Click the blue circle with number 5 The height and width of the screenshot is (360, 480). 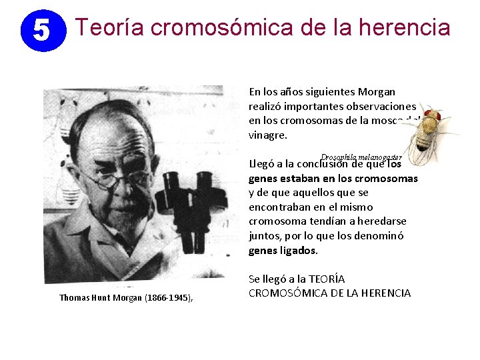click(x=41, y=30)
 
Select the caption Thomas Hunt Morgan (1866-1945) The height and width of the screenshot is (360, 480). click(x=125, y=297)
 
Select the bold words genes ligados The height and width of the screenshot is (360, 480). click(x=283, y=251)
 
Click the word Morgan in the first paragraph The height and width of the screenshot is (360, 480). click(x=377, y=91)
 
